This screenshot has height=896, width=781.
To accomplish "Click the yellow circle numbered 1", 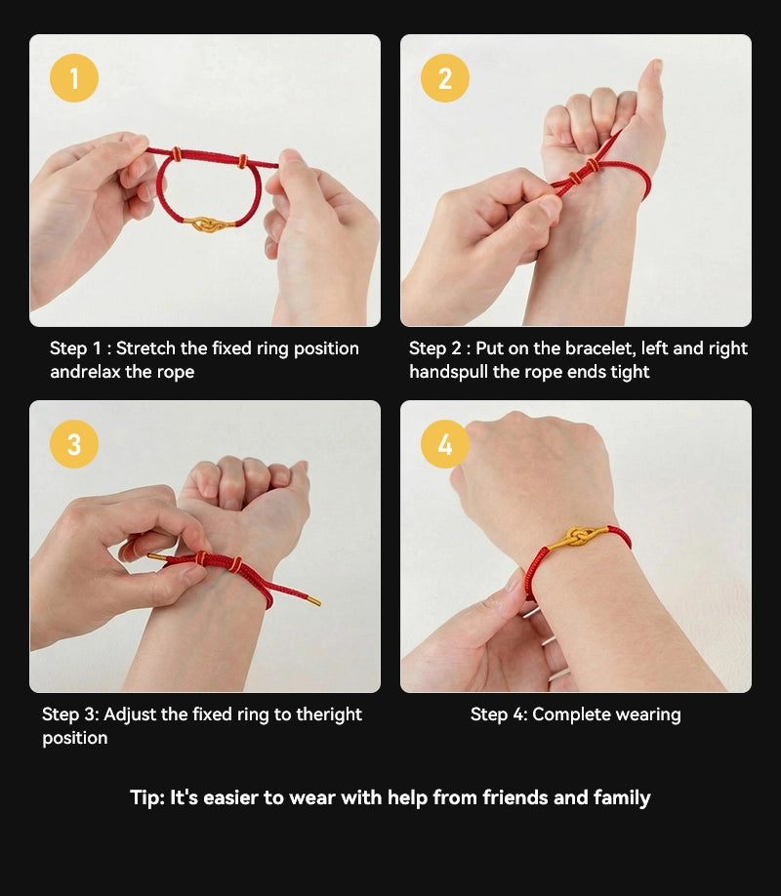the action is click(74, 78).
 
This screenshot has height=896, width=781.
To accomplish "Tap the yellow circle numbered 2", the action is click(445, 78).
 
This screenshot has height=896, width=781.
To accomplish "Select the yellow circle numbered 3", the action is click(74, 444).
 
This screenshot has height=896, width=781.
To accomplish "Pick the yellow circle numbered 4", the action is click(445, 444).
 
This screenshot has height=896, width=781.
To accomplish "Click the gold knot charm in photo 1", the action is click(206, 224).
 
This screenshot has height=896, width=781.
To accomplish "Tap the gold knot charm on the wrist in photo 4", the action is click(578, 537).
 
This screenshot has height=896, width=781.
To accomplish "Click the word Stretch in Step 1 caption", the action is click(145, 348).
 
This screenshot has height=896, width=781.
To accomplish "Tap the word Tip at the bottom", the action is click(146, 797).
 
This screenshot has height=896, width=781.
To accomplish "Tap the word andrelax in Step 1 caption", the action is click(85, 372).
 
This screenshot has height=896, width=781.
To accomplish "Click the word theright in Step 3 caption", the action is click(329, 714).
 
